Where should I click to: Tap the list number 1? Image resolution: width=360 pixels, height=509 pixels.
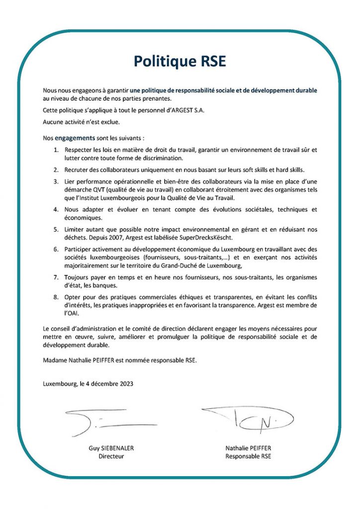[56, 149]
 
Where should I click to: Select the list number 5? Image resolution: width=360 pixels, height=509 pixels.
[56, 229]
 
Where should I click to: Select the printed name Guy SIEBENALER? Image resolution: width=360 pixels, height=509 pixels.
[111, 448]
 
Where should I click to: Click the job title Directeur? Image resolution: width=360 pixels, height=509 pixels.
[111, 456]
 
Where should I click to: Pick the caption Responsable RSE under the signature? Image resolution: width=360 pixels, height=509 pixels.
[249, 456]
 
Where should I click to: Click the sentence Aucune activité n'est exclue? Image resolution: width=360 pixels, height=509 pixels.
[82, 121]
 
